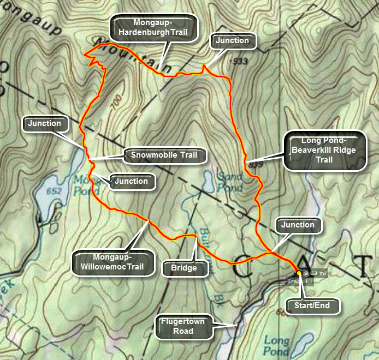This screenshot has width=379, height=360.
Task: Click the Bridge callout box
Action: [184, 268]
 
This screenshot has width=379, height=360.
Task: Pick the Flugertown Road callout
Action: [182, 326]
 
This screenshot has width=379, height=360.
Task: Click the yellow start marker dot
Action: [299, 273]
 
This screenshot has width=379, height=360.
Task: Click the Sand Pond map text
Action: [230, 182]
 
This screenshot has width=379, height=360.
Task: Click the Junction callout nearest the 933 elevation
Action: [232, 40]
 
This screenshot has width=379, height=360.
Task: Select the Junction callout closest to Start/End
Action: [297, 225]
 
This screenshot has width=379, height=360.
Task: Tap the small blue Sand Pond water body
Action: [209, 178]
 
